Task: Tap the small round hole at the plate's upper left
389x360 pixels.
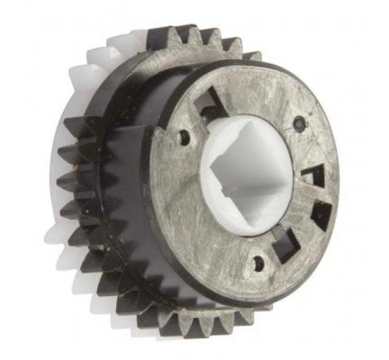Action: tap(184, 137)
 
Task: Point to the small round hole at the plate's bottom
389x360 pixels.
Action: tap(259, 263)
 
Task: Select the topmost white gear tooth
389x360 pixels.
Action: tap(129, 41)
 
